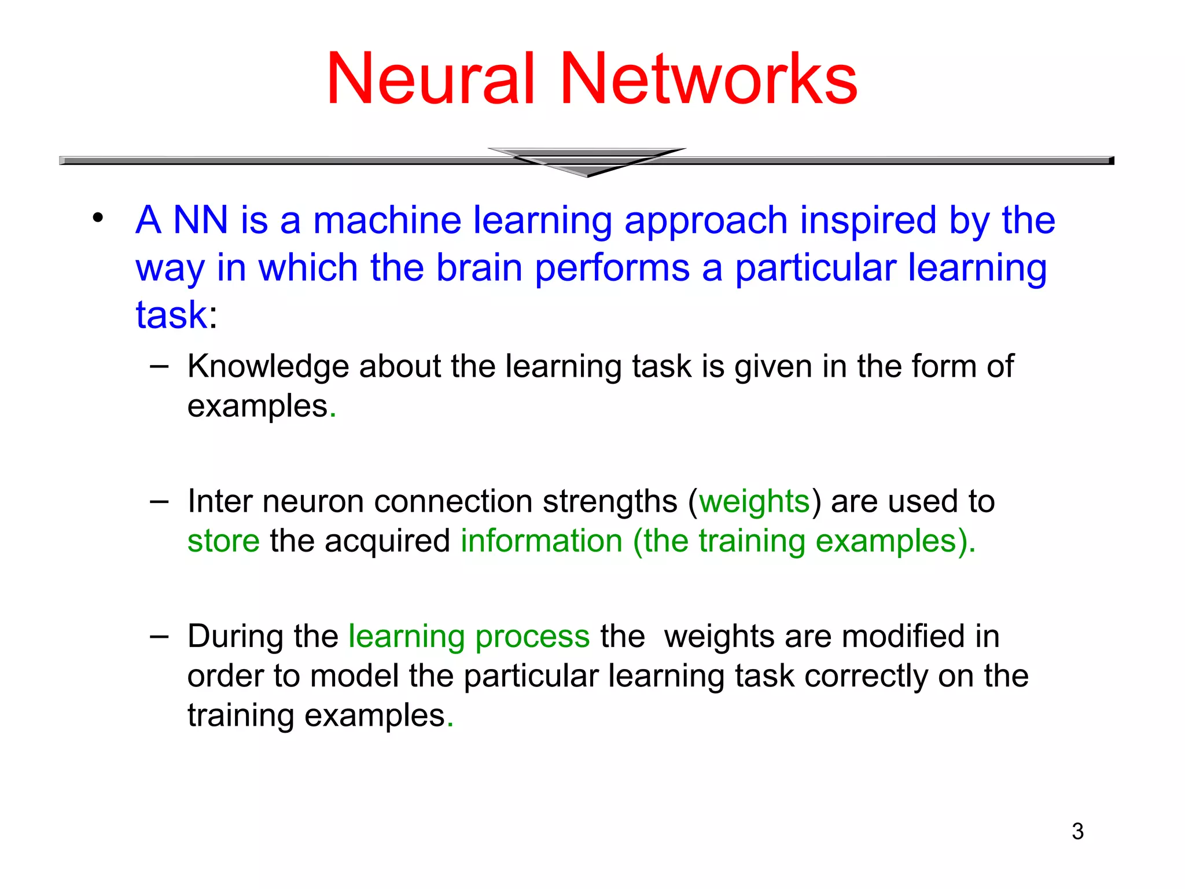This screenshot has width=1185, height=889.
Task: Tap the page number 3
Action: (x=1077, y=832)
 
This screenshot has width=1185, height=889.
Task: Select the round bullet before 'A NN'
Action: (x=97, y=219)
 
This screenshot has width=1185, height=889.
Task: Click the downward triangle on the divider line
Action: (x=587, y=162)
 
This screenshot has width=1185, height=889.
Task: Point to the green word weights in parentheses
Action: (x=755, y=501)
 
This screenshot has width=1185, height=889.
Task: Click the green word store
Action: (x=223, y=541)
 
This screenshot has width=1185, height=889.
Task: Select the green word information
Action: (x=542, y=541)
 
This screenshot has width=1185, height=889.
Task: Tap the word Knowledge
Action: (x=268, y=367)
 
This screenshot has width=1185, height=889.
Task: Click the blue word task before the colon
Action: (x=171, y=315)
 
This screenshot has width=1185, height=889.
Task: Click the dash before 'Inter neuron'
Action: (x=159, y=501)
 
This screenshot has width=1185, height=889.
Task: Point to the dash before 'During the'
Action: (x=159, y=637)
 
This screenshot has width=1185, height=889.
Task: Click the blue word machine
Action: (x=387, y=220)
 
